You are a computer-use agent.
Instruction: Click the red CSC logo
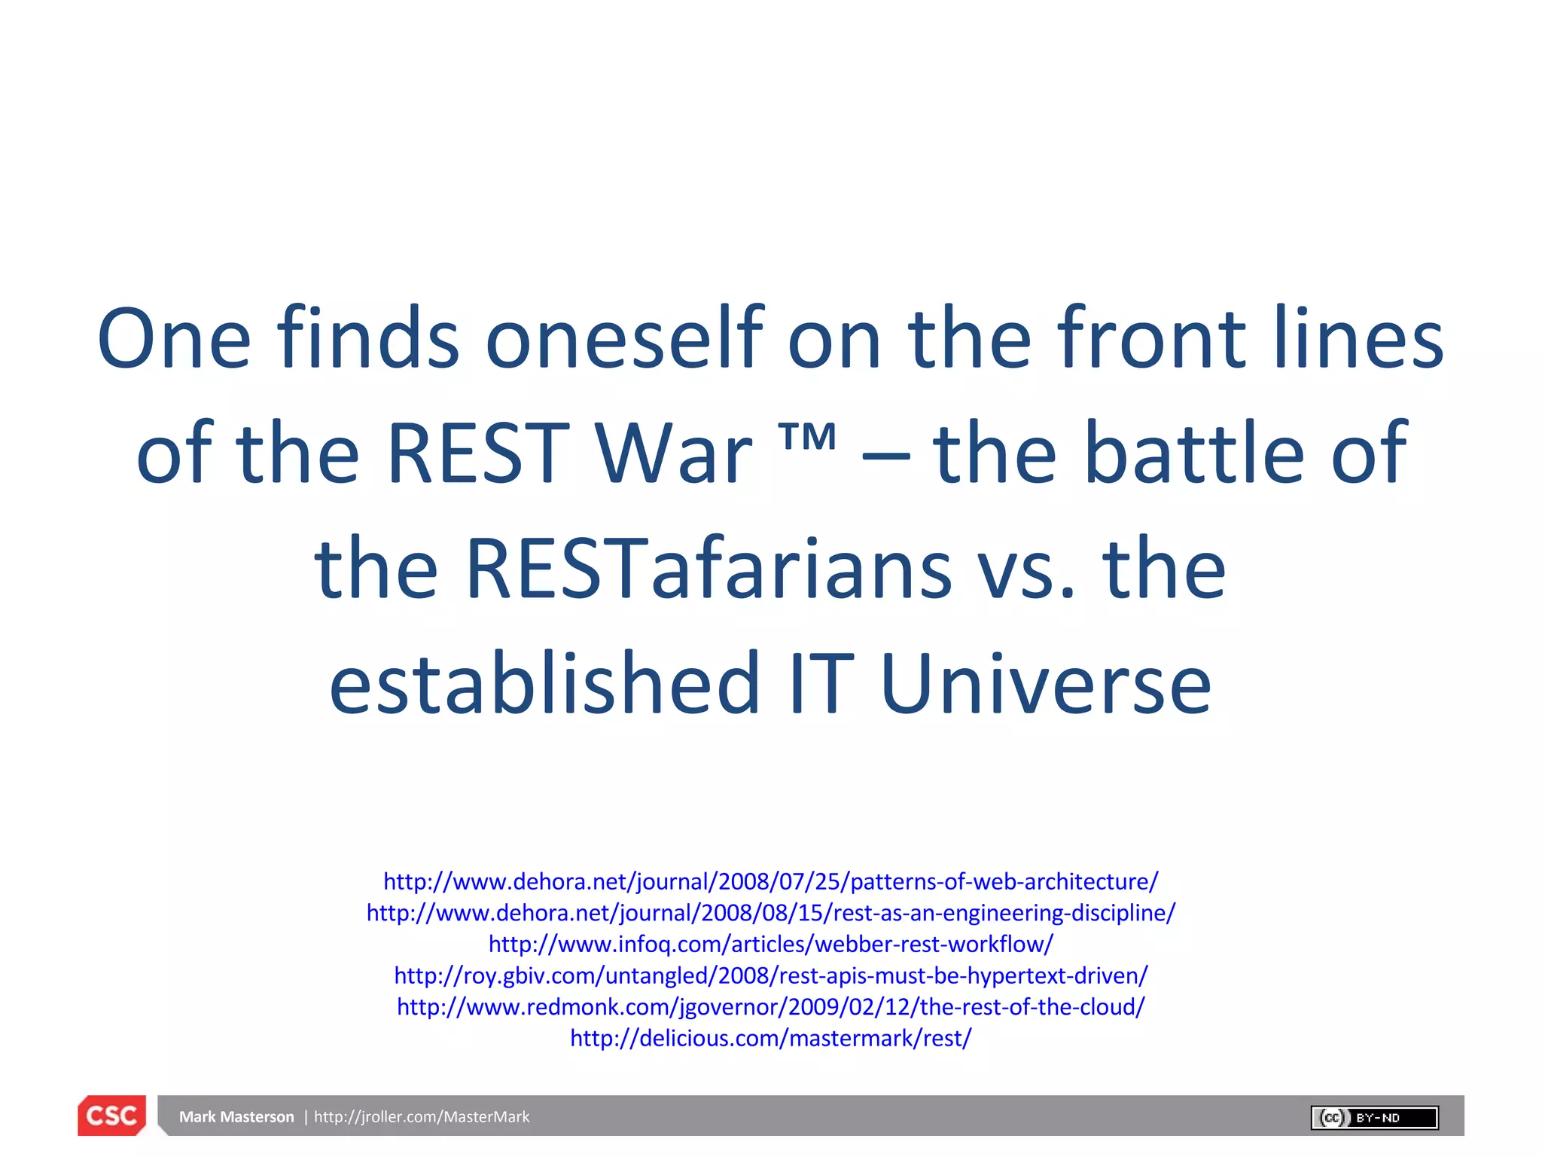(111, 1116)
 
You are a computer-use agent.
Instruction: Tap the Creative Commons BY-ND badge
(1374, 1117)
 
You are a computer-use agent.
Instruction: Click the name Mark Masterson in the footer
(236, 1117)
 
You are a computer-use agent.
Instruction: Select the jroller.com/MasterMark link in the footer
(422, 1117)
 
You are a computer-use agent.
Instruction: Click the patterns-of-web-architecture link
(771, 881)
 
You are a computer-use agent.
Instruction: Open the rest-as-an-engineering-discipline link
(771, 913)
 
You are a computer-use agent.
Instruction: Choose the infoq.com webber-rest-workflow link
(771, 944)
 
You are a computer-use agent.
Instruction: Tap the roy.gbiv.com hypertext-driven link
(771, 975)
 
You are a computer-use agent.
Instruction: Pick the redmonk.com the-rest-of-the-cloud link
(771, 1007)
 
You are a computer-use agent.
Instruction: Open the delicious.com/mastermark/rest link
(771, 1038)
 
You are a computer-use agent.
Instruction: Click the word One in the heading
(174, 339)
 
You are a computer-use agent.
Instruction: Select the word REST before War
(477, 453)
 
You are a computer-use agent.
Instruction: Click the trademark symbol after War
(807, 437)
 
